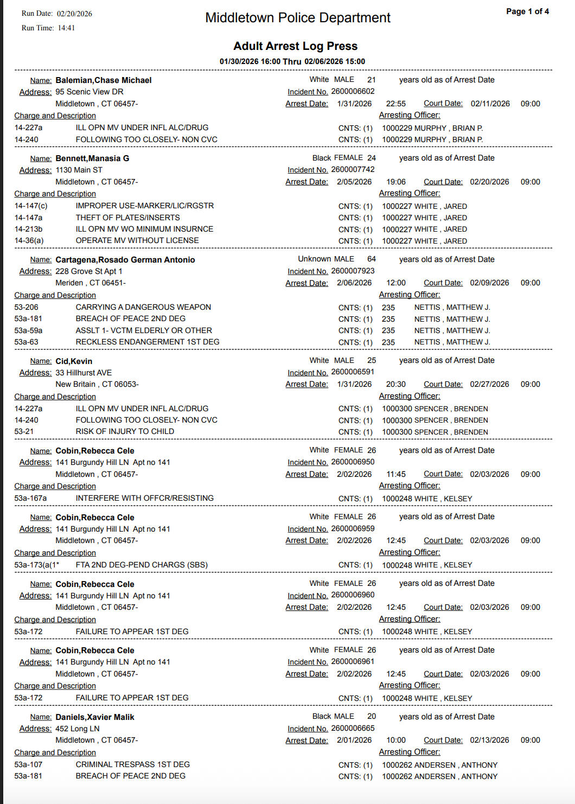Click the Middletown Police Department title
pyautogui.click(x=297, y=18)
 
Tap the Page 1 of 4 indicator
pyautogui.click(x=527, y=11)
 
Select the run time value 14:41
pyautogui.click(x=66, y=28)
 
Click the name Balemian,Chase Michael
pyautogui.click(x=103, y=80)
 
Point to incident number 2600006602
pyautogui.click(x=353, y=92)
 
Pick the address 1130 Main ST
pyautogui.click(x=79, y=170)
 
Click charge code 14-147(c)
pyautogui.click(x=31, y=206)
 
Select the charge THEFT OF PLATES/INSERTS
pyautogui.click(x=127, y=218)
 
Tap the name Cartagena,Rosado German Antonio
pyautogui.click(x=125, y=260)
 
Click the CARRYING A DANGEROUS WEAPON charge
pyautogui.click(x=143, y=307)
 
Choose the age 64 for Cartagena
pyautogui.click(x=371, y=259)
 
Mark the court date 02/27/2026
pyautogui.click(x=489, y=384)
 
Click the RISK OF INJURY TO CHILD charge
pyautogui.click(x=125, y=431)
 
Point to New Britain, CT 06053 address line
pyautogui.click(x=97, y=384)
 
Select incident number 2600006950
pyautogui.click(x=353, y=462)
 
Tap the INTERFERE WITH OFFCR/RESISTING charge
pyautogui.click(x=144, y=498)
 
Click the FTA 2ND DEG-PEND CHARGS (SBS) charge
pyautogui.click(x=142, y=565)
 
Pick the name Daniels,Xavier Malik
pyautogui.click(x=94, y=717)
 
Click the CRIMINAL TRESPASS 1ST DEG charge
pyautogui.click(x=132, y=764)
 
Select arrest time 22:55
pyautogui.click(x=395, y=104)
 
